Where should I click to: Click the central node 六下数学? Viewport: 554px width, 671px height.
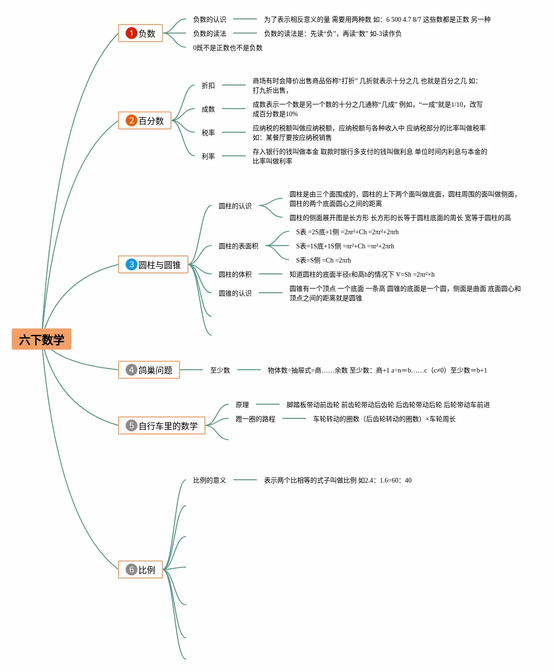(x=42, y=339)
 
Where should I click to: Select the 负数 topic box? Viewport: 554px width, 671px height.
(x=140, y=33)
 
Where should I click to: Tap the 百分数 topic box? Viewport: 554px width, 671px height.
(x=145, y=120)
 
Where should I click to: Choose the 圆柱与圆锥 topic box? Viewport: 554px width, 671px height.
(x=153, y=264)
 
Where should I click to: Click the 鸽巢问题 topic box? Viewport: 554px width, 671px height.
(x=149, y=370)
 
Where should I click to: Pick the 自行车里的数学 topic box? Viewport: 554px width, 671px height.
(x=162, y=425)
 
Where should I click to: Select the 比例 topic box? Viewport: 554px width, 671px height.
(x=140, y=569)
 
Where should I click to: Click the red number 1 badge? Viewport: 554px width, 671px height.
(x=131, y=33)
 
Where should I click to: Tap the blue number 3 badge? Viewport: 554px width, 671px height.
(x=131, y=264)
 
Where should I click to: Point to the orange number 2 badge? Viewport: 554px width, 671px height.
(x=131, y=120)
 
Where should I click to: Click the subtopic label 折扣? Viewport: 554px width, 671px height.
(x=208, y=85)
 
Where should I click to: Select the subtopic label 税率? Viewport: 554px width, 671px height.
(x=208, y=133)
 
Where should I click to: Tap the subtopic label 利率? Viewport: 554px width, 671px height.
(x=208, y=156)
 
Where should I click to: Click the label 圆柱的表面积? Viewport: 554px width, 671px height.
(x=239, y=246)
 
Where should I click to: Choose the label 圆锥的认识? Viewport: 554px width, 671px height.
(x=235, y=293)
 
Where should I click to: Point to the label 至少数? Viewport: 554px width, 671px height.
(x=220, y=370)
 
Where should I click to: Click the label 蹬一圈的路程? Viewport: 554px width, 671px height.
(x=256, y=419)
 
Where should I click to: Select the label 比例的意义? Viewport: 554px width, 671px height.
(x=210, y=480)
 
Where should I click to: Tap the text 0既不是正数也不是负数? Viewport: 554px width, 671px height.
(x=228, y=48)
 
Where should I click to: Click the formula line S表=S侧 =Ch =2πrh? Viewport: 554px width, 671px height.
(x=324, y=260)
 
